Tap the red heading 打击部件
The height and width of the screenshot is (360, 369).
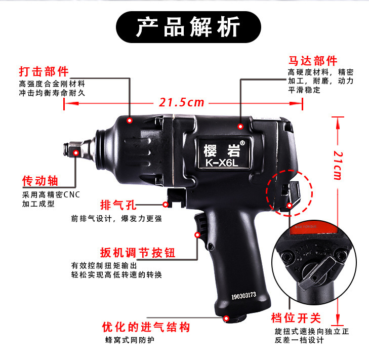[44, 71]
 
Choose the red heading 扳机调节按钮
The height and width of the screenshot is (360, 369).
[138, 252]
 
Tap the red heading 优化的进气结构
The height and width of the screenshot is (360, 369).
[147, 327]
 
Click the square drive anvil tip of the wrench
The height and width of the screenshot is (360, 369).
[70, 150]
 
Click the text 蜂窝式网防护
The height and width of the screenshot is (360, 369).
[129, 340]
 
